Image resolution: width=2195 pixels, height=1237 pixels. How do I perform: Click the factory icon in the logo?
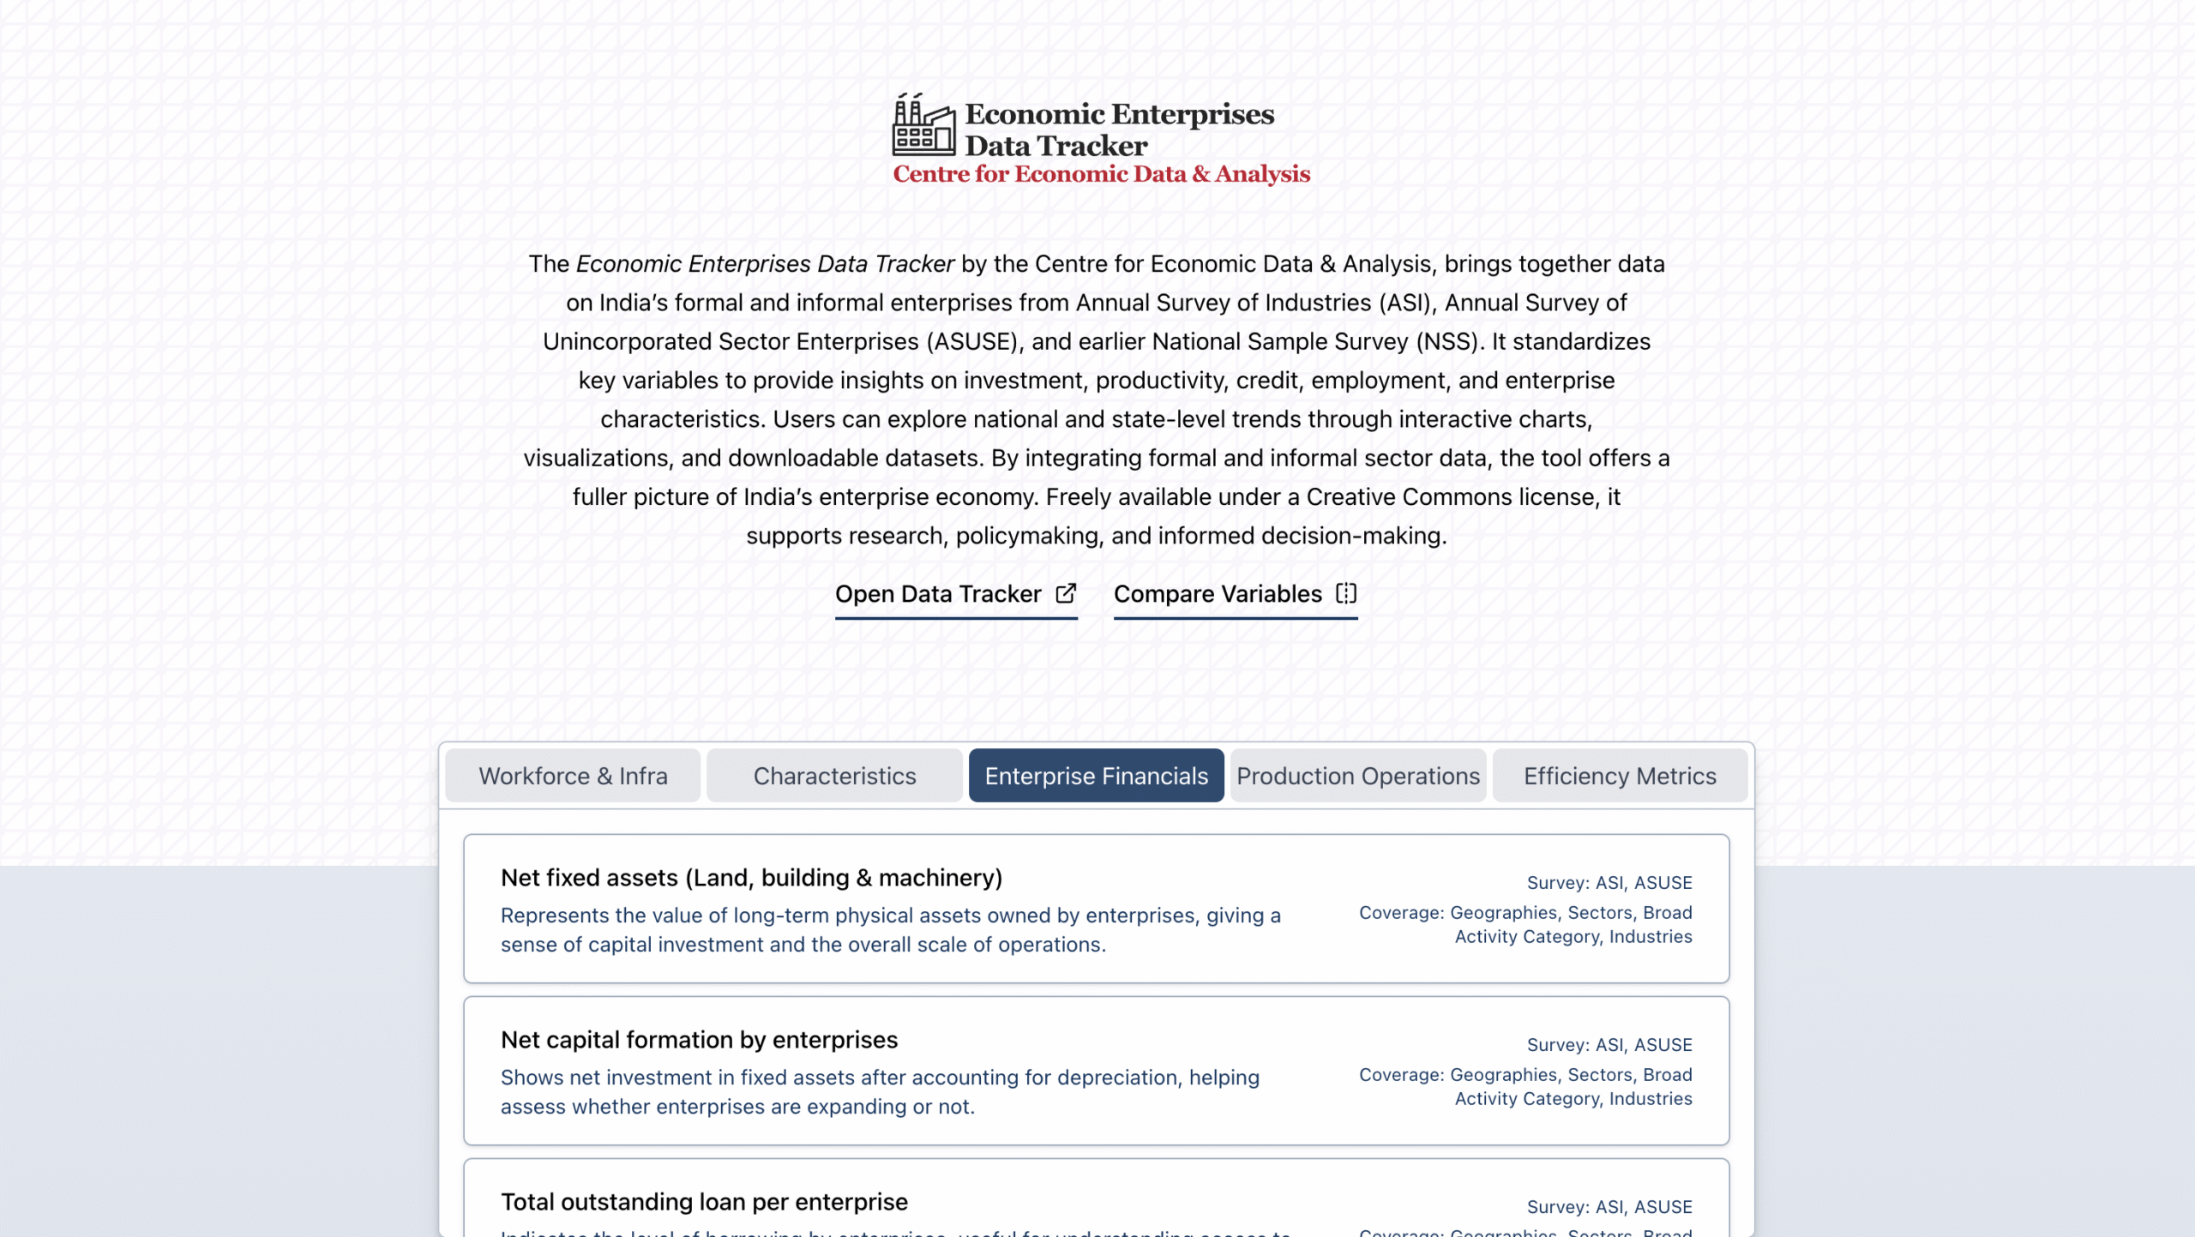click(x=923, y=125)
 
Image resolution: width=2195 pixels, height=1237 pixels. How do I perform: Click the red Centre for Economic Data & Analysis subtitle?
click(x=1101, y=174)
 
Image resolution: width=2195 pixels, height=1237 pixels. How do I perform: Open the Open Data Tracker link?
click(x=938, y=594)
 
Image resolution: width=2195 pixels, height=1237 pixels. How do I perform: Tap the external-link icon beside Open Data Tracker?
click(x=1066, y=593)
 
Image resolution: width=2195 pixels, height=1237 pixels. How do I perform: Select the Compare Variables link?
click(x=1218, y=594)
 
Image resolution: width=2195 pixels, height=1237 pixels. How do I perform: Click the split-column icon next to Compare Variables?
click(x=1346, y=593)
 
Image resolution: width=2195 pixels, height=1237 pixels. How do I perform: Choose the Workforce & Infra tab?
click(x=573, y=776)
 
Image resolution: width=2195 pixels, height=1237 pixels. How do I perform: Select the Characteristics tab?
click(x=834, y=776)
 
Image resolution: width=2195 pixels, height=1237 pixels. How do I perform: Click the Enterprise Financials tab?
click(x=1096, y=776)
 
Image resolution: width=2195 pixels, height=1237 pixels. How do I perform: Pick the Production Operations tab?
click(x=1358, y=776)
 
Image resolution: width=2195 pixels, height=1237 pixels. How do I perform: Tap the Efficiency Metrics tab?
click(x=1620, y=776)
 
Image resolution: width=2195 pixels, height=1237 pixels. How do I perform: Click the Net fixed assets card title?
click(x=751, y=878)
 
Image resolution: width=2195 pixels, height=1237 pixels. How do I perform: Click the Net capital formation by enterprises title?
click(x=699, y=1040)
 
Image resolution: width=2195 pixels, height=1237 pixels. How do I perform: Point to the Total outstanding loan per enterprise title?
click(x=704, y=1202)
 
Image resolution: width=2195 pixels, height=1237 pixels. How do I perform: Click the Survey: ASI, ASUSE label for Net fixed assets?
click(x=1609, y=883)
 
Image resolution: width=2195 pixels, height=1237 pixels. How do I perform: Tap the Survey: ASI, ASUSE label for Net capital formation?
click(x=1609, y=1045)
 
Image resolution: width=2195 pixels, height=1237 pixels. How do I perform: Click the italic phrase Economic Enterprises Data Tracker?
click(x=765, y=264)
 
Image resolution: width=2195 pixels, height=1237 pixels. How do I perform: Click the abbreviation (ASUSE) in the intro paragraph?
click(x=972, y=342)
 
